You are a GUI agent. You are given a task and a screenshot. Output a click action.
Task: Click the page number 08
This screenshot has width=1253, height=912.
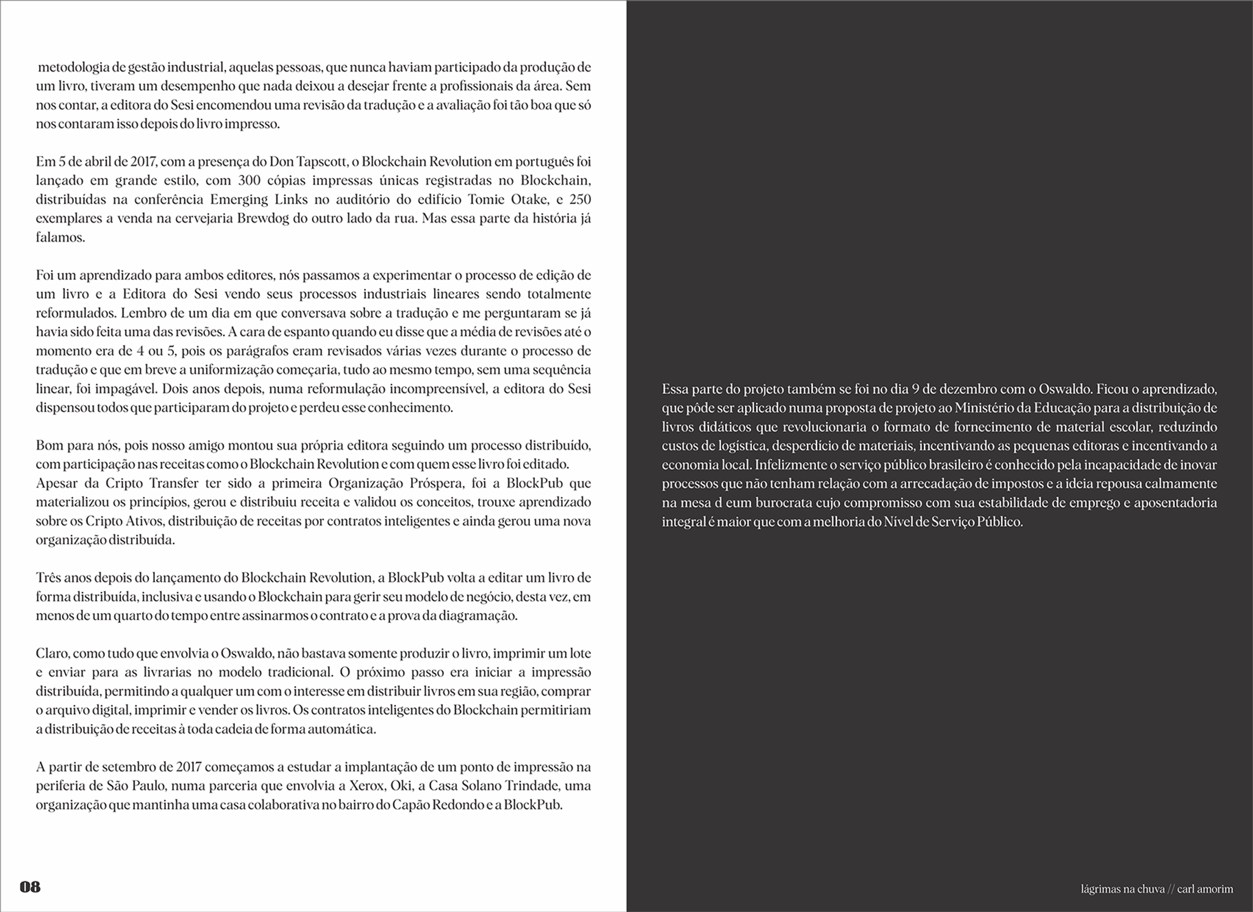[x=30, y=887]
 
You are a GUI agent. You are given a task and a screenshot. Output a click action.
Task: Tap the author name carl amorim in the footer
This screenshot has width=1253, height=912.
[x=1205, y=889]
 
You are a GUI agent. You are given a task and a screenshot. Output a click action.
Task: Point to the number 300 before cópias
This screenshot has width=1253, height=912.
[x=249, y=181]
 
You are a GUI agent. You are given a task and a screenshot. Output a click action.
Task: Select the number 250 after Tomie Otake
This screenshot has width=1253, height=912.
[x=580, y=200]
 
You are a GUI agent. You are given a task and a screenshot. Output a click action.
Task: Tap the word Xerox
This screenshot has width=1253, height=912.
[x=366, y=786]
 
